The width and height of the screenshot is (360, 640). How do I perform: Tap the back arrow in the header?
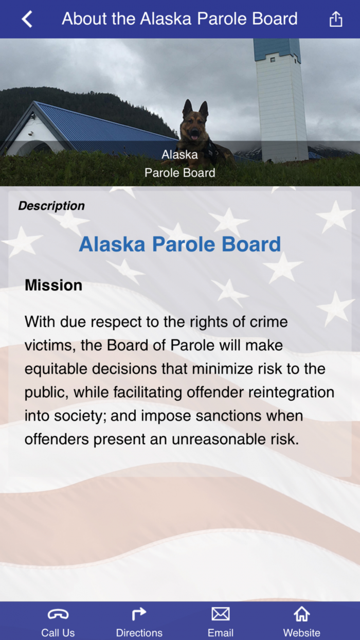pyautogui.click(x=27, y=19)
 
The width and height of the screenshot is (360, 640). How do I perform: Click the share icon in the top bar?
pyautogui.click(x=335, y=19)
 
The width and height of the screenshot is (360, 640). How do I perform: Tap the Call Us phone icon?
pyautogui.click(x=58, y=614)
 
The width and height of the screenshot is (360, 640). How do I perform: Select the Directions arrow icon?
pyautogui.click(x=139, y=613)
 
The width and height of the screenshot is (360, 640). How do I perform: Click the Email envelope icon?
pyautogui.click(x=221, y=614)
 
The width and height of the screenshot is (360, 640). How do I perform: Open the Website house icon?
pyautogui.click(x=301, y=614)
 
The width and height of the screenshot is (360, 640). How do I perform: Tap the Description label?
pyautogui.click(x=51, y=206)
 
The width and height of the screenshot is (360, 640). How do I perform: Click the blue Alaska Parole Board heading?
pyautogui.click(x=180, y=244)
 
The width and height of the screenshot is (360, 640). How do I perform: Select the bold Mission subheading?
pyautogui.click(x=53, y=286)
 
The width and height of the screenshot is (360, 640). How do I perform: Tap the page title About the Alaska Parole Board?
pyautogui.click(x=179, y=19)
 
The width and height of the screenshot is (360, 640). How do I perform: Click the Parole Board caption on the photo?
pyautogui.click(x=180, y=172)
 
